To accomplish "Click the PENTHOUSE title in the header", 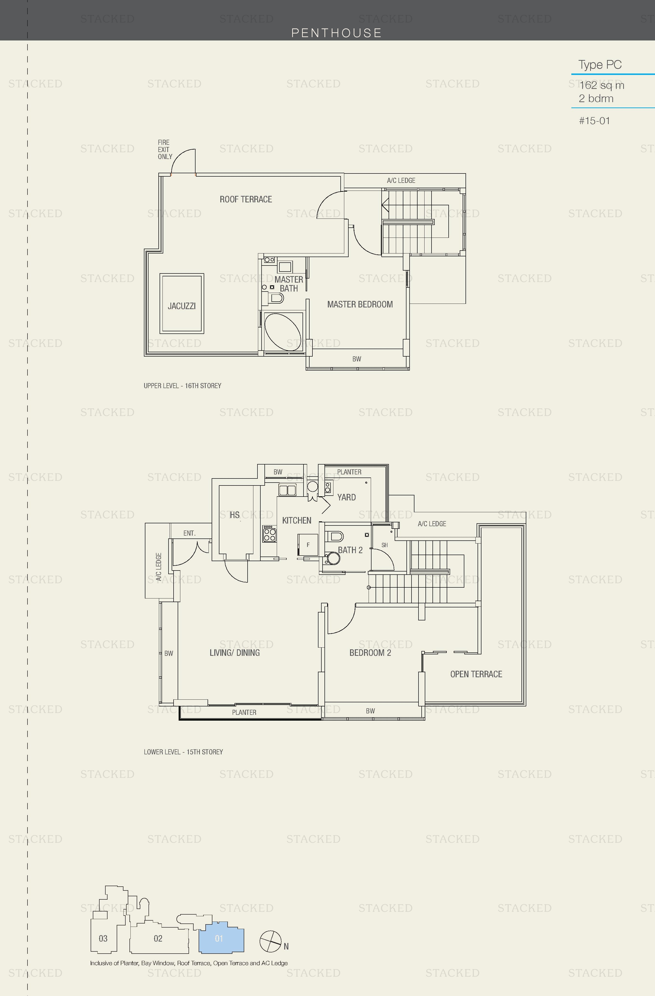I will pyautogui.click(x=336, y=33).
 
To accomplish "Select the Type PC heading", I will pyautogui.click(x=600, y=65).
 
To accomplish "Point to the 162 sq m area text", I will pyautogui.click(x=601, y=85).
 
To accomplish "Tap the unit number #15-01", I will pyautogui.click(x=594, y=121).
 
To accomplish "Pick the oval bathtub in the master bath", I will pyautogui.click(x=283, y=332).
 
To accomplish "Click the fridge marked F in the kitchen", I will pyautogui.click(x=308, y=545).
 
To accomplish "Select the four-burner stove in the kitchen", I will pyautogui.click(x=269, y=534).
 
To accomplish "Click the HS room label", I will pyautogui.click(x=235, y=515).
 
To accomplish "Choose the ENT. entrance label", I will pyautogui.click(x=189, y=533).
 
